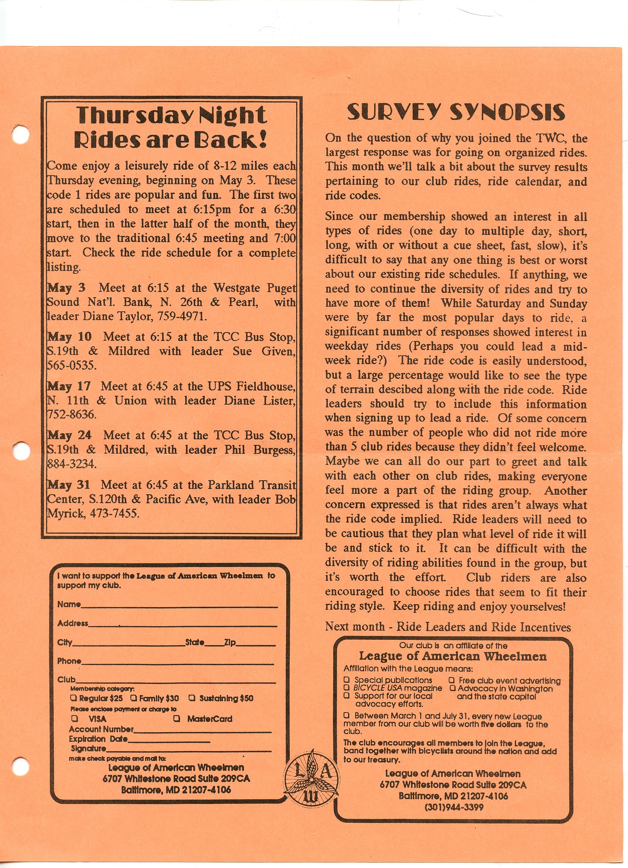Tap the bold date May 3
tap(66, 288)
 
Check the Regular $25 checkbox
tap(74, 698)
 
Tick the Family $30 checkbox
tap(134, 698)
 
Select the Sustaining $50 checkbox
tap(193, 698)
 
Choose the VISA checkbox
tap(75, 718)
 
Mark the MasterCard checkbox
tap(177, 718)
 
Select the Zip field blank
tap(255, 645)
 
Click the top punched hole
tap(20, 134)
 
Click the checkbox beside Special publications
tap(347, 680)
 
